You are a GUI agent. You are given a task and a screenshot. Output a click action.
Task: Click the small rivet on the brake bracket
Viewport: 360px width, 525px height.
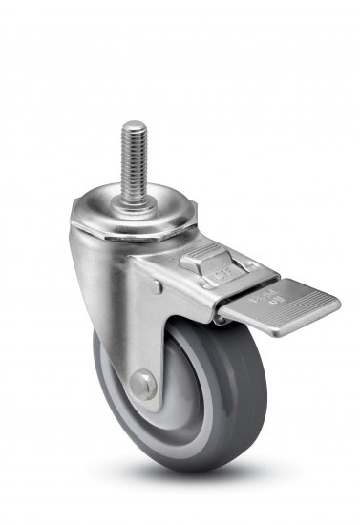(156, 285)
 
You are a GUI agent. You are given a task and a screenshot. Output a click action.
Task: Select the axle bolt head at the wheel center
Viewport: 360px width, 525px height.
(144, 384)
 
